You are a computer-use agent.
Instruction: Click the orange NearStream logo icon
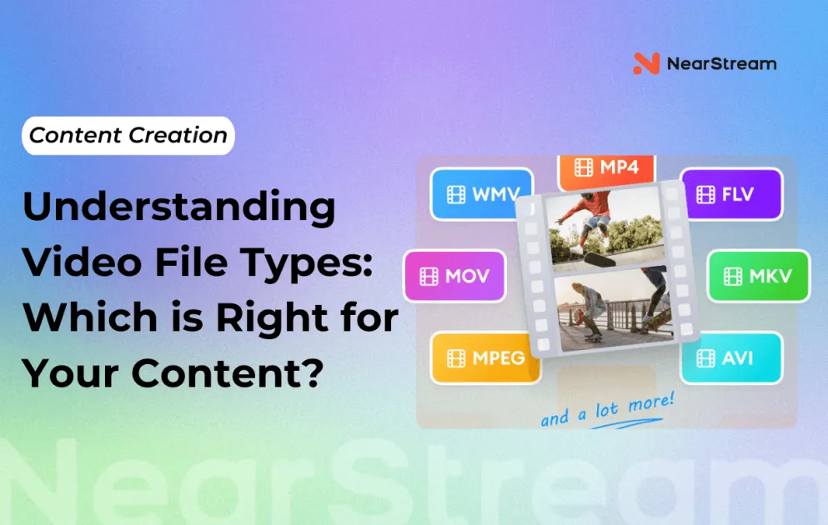click(x=646, y=63)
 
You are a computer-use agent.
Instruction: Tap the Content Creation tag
click(x=128, y=136)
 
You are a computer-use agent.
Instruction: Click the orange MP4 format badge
click(x=606, y=167)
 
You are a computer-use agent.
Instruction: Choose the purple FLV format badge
click(x=731, y=195)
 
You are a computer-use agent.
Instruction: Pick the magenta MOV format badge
click(x=454, y=276)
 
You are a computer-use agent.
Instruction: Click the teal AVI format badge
click(x=731, y=358)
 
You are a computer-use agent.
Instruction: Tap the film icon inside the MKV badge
click(x=733, y=276)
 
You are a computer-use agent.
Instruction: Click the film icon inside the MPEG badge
click(x=455, y=358)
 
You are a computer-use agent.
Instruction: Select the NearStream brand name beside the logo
click(x=721, y=63)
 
